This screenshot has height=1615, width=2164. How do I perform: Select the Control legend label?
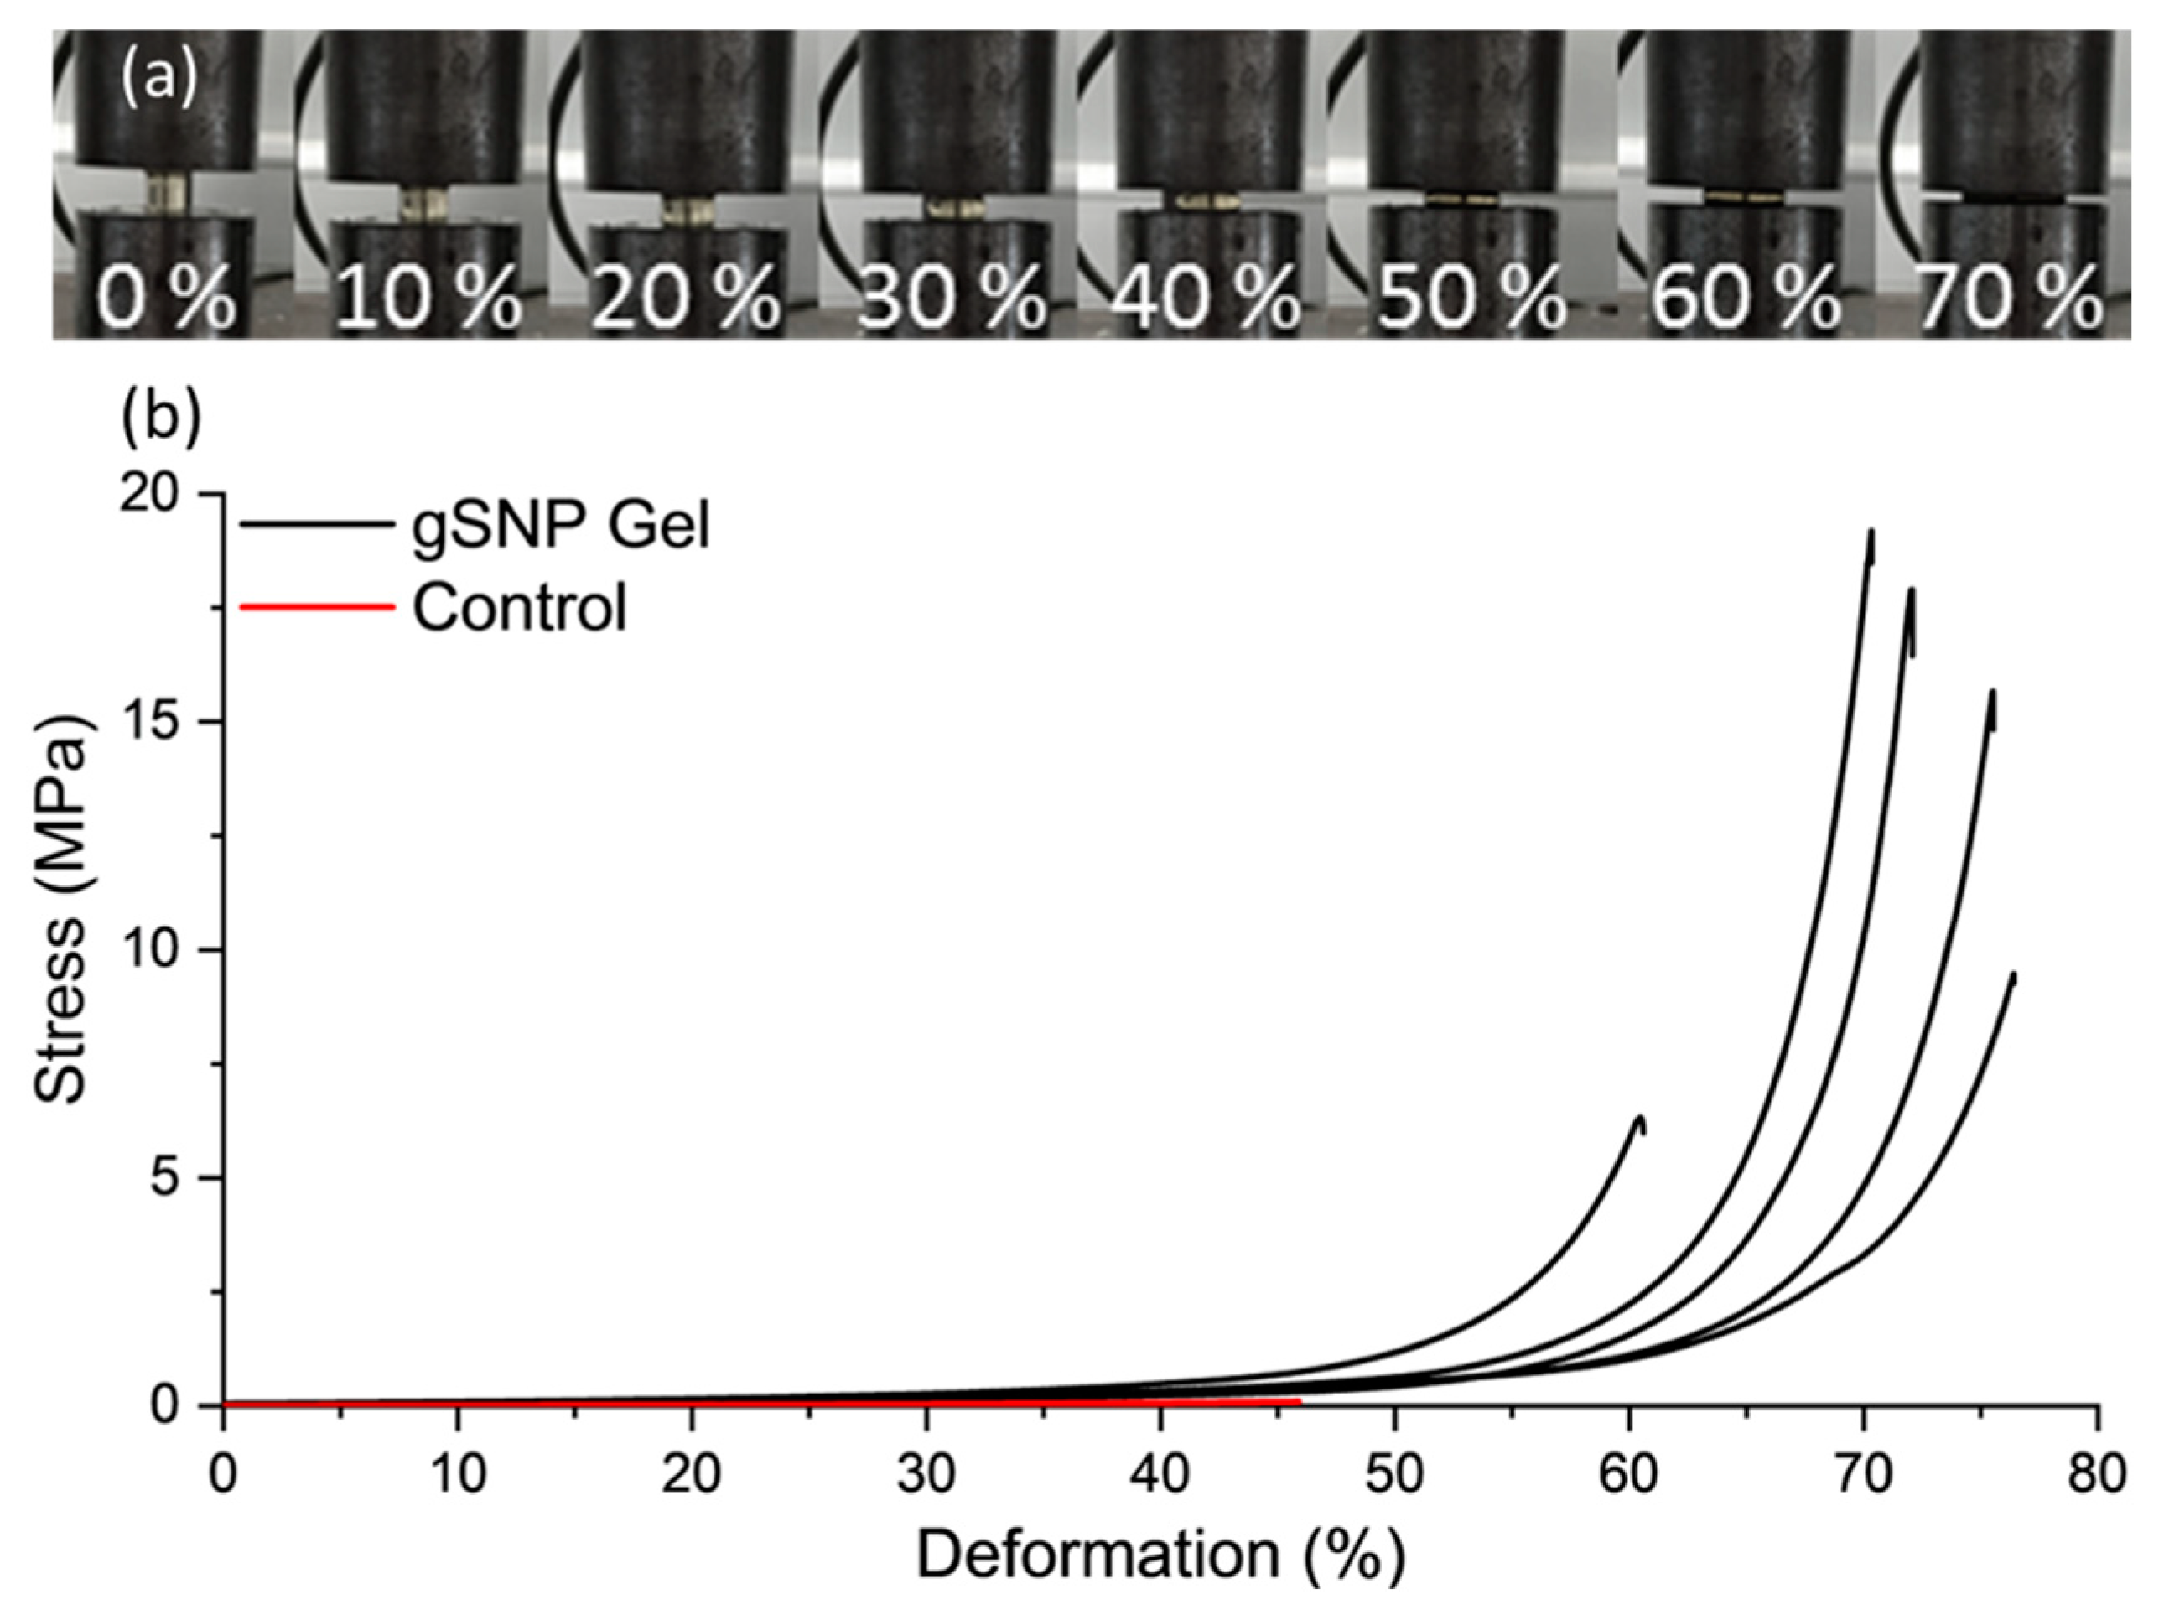[519, 608]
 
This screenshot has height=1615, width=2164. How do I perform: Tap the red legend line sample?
[316, 607]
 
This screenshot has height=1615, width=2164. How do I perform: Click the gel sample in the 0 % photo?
[164, 190]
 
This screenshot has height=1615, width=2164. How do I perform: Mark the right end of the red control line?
[1300, 1400]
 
